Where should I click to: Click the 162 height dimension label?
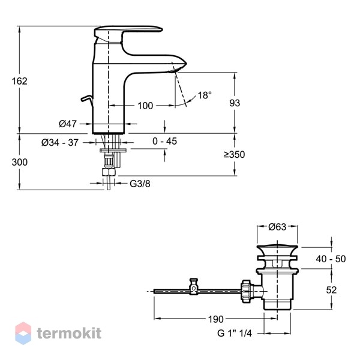tap(20, 81)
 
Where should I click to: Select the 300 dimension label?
tap(20, 163)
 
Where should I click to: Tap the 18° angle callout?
tap(205, 95)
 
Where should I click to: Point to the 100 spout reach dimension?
tap(145, 106)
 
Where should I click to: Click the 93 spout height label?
tap(235, 103)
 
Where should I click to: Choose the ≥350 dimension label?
tap(235, 155)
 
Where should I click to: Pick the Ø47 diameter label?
tap(67, 124)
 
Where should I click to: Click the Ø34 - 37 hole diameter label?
tap(60, 143)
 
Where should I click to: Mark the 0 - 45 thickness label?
tap(164, 141)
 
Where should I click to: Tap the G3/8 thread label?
tap(140, 184)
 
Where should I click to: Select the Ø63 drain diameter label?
tap(277, 227)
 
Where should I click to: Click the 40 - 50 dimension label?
tap(331, 259)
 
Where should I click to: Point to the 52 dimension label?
tap(331, 290)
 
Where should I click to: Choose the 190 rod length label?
tap(215, 319)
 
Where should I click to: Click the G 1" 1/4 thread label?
tap(235, 333)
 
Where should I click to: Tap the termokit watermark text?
tap(69, 333)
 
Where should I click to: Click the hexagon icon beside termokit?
tap(23, 333)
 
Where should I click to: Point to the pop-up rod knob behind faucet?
tap(87, 99)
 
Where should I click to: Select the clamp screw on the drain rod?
tap(194, 287)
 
